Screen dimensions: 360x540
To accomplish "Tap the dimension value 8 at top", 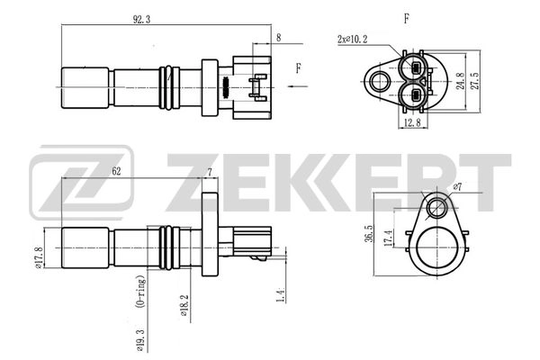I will [279, 38].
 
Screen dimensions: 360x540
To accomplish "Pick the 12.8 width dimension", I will [412, 123].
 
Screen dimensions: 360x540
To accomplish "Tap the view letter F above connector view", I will [408, 17].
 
